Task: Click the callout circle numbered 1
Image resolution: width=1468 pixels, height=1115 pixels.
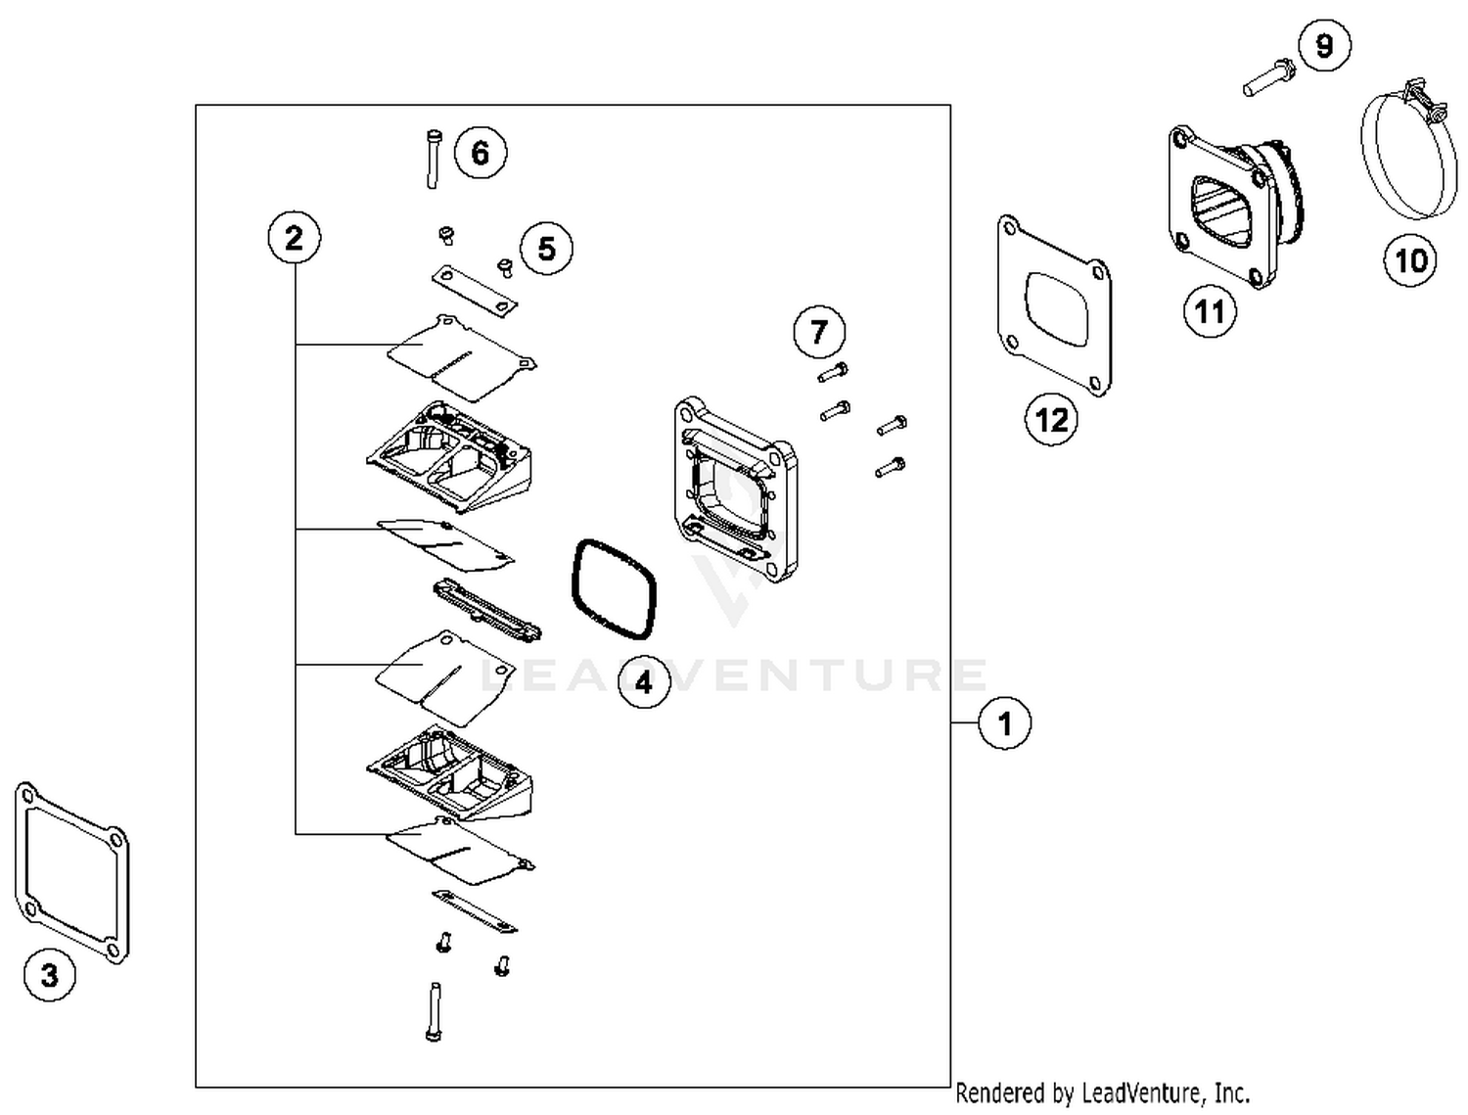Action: [x=1004, y=723]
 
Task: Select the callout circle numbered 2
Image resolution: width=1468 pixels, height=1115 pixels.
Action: [x=294, y=238]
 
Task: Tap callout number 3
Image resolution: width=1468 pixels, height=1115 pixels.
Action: [x=49, y=975]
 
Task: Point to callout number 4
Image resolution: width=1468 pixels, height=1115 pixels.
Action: [x=644, y=681]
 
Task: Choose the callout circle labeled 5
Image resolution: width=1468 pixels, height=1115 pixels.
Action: [x=546, y=249]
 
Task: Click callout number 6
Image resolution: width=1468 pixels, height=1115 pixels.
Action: [x=480, y=153]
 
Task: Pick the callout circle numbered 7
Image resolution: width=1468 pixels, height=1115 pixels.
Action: [x=819, y=332]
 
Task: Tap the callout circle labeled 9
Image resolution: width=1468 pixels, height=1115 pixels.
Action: [x=1324, y=46]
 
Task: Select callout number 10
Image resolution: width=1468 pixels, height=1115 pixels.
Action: [x=1410, y=260]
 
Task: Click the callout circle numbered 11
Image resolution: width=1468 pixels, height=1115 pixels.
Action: [x=1210, y=312]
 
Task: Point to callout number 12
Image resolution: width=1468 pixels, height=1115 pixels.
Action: [x=1051, y=420]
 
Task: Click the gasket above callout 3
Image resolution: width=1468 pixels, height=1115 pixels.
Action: [x=71, y=872]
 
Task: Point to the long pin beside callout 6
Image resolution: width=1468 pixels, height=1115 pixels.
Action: [x=433, y=159]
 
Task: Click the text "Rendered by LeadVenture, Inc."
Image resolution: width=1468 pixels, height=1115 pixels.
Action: [x=1102, y=1092]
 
